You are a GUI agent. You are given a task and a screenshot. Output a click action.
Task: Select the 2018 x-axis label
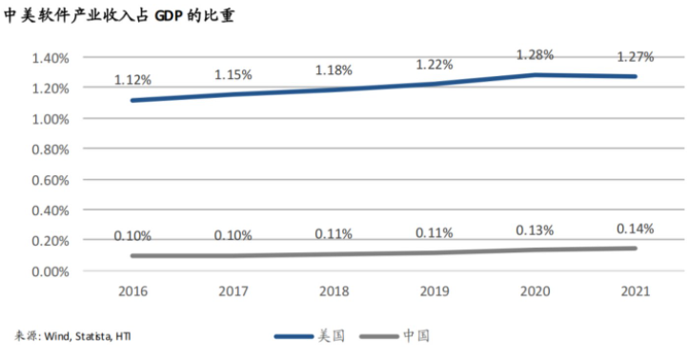click(x=334, y=290)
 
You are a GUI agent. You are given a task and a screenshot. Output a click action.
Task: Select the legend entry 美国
click(x=330, y=336)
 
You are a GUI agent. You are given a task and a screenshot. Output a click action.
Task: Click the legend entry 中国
click(x=416, y=336)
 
